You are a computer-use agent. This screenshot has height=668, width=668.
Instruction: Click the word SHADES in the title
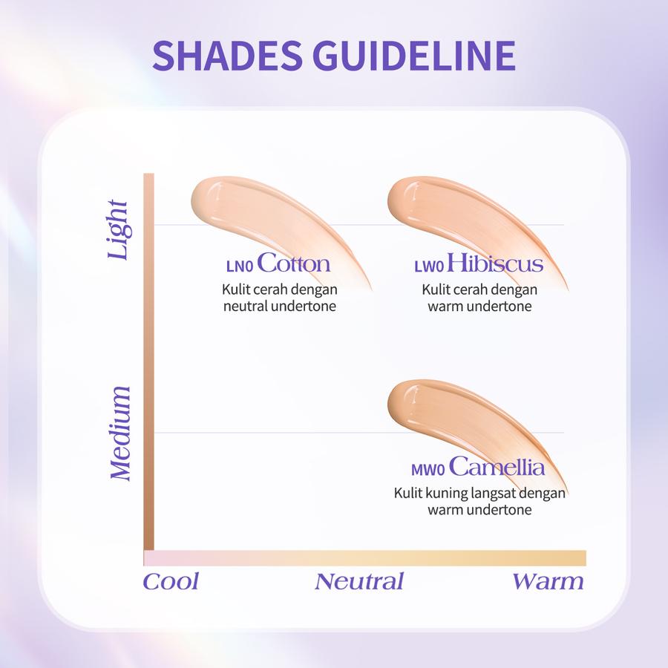pyautogui.click(x=227, y=56)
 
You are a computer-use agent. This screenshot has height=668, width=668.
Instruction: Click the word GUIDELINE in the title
pyautogui.click(x=414, y=56)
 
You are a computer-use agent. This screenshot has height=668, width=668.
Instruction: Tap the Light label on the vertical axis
pyautogui.click(x=118, y=229)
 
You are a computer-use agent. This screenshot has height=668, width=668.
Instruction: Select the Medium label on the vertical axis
pyautogui.click(x=119, y=433)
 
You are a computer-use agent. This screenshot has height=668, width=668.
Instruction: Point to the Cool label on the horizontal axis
pyautogui.click(x=171, y=581)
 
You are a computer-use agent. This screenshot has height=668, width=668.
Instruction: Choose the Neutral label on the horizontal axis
pyautogui.click(x=358, y=581)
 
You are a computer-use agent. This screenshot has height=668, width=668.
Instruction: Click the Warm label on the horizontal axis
pyautogui.click(x=548, y=581)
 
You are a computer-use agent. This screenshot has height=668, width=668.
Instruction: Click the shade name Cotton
pyautogui.click(x=293, y=263)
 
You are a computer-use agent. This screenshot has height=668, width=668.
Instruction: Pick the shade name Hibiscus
pyautogui.click(x=494, y=263)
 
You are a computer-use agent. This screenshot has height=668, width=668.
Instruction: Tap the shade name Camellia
pyautogui.click(x=497, y=466)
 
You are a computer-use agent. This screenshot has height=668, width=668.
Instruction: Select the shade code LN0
pyautogui.click(x=240, y=266)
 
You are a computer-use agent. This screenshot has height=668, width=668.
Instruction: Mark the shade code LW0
pyautogui.click(x=429, y=266)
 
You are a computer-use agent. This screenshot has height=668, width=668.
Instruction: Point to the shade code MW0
pyautogui.click(x=428, y=470)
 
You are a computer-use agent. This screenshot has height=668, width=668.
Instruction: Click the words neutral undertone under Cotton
pyautogui.click(x=280, y=307)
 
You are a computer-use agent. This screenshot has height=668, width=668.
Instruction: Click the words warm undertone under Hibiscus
pyautogui.click(x=479, y=307)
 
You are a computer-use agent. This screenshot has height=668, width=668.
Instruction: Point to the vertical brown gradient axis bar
pyautogui.click(x=148, y=361)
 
